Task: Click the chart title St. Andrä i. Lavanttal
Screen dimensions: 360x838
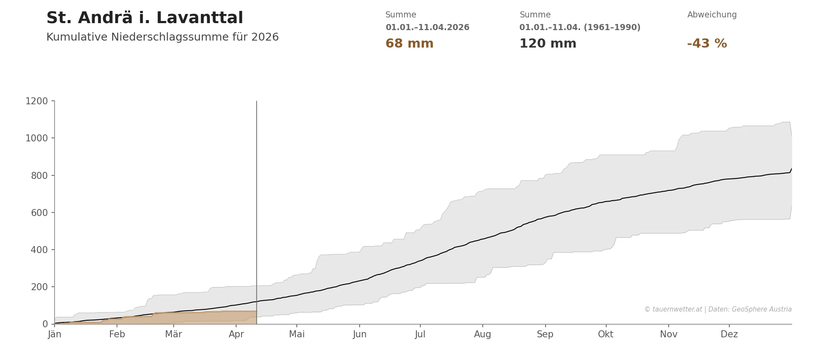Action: (144, 18)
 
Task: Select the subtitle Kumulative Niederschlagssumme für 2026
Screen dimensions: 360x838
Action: (162, 38)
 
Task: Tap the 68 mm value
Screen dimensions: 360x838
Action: (409, 44)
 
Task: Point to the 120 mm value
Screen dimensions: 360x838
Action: (547, 44)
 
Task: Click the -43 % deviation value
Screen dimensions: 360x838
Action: (707, 44)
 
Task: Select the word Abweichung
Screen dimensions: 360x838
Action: (711, 15)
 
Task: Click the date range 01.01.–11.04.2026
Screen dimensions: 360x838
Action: (427, 27)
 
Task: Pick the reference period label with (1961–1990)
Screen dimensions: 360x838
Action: (580, 27)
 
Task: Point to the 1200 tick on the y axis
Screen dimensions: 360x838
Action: (37, 101)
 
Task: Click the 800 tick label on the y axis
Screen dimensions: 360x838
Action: (39, 176)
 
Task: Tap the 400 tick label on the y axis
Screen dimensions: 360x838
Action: (39, 250)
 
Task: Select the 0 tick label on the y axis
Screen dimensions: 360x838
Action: (45, 324)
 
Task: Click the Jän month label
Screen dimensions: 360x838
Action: (55, 335)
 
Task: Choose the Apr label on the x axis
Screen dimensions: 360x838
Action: (236, 335)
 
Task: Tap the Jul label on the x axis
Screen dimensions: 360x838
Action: (420, 335)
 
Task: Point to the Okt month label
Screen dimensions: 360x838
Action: (605, 335)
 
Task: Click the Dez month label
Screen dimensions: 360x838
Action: (729, 335)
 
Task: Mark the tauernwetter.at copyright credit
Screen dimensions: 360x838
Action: (718, 309)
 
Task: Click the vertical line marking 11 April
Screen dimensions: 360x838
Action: (257, 196)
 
